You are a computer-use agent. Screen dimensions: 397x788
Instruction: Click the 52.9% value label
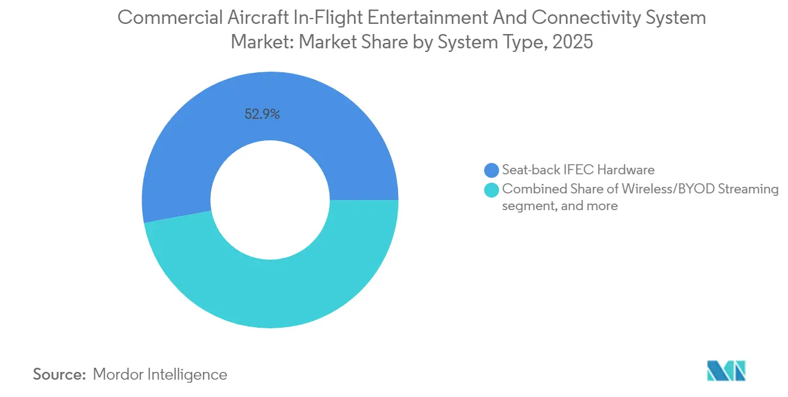(x=262, y=114)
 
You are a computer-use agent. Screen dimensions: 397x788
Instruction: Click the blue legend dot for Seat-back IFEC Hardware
(x=492, y=170)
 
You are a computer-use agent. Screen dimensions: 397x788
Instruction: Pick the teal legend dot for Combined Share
(x=492, y=190)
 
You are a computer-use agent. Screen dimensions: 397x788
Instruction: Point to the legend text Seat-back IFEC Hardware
(x=578, y=170)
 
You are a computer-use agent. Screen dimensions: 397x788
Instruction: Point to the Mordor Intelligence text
(x=160, y=374)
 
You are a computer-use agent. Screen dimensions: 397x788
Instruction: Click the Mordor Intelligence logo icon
(x=726, y=371)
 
